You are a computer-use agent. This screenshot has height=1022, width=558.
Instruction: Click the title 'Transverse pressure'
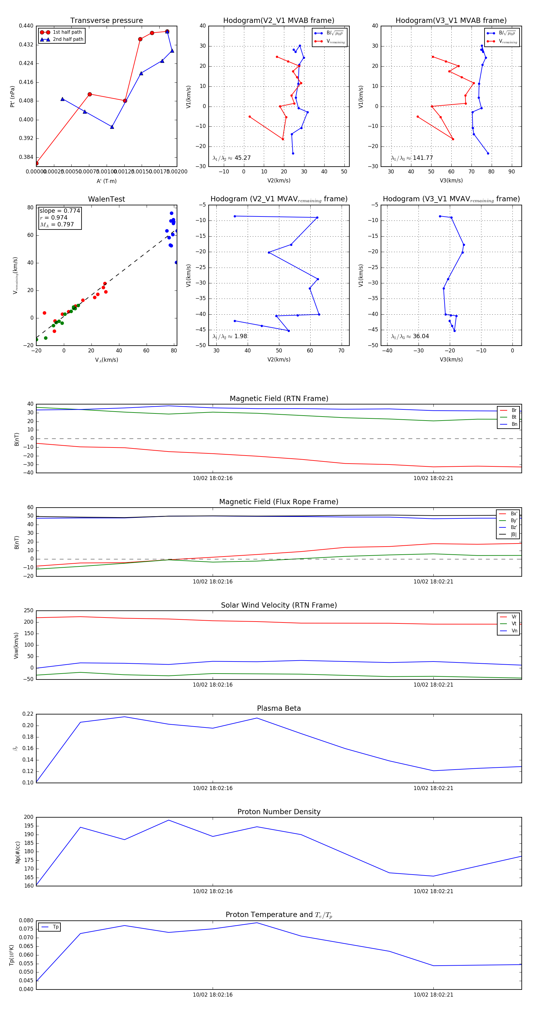coord(106,21)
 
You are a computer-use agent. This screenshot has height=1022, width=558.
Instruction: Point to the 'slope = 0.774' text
coord(60,211)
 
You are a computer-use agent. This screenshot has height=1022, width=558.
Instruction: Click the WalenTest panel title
coord(106,199)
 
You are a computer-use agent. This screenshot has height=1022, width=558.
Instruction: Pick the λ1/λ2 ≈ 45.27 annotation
coord(232,158)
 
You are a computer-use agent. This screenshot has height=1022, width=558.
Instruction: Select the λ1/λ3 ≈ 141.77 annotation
coord(412,158)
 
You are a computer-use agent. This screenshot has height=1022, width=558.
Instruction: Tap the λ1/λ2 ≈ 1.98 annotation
coord(230,336)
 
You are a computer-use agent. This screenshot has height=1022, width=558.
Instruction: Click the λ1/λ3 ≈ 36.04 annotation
coord(410,336)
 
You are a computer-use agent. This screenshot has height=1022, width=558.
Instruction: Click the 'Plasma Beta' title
coord(279,708)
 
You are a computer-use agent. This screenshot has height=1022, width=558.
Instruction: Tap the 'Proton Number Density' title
coord(279,812)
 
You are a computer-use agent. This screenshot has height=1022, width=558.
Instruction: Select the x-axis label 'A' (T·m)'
coord(106,181)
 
